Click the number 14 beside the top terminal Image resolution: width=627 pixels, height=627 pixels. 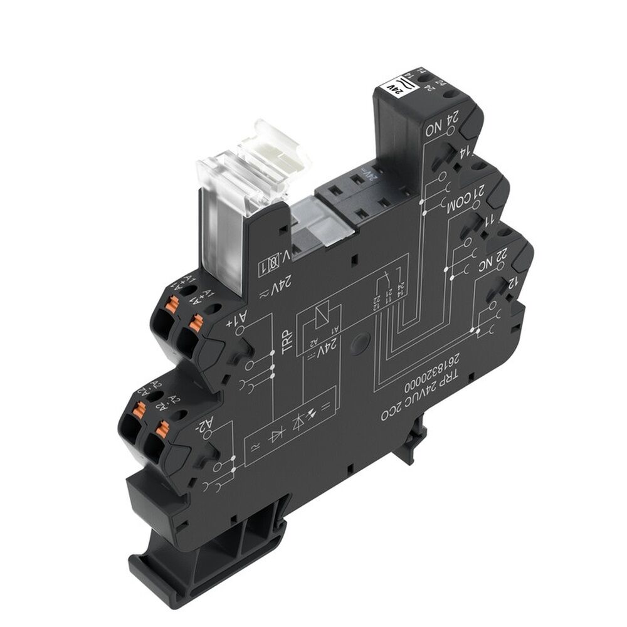pyautogui.click(x=466, y=150)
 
